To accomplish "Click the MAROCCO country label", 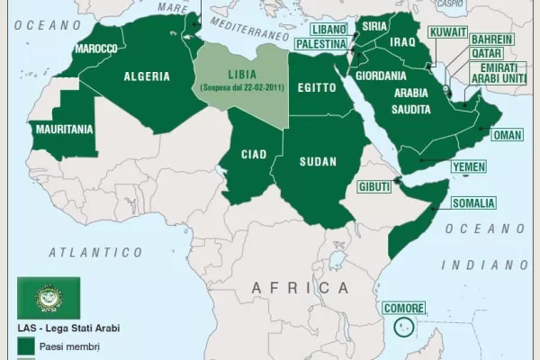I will point(95,48).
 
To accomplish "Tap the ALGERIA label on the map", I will point(147,76).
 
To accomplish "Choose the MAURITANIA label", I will point(63,129).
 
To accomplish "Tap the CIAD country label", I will point(253,154).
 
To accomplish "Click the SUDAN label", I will point(317,162).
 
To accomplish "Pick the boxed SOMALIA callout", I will point(472,202).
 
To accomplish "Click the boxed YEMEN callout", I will point(468,167).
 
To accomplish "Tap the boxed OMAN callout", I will point(507,135).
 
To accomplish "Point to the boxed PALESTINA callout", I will point(321,43).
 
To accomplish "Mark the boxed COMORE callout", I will point(404,309).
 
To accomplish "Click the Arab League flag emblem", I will point(49,298).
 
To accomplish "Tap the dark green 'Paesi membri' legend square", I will point(26,345).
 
